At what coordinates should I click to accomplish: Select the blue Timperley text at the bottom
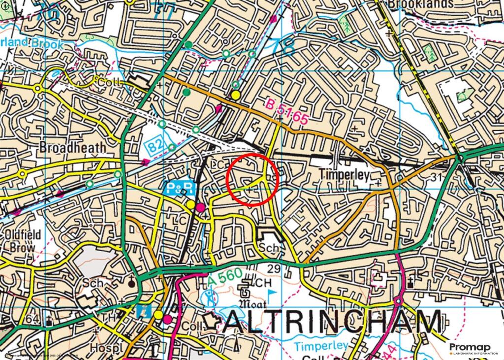[x=322, y=345]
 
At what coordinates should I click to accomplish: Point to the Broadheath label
[x=72, y=147]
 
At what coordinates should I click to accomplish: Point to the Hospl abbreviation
[x=106, y=348]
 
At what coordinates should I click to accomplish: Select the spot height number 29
[x=274, y=268]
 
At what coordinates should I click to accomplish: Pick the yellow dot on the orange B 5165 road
[x=236, y=95]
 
